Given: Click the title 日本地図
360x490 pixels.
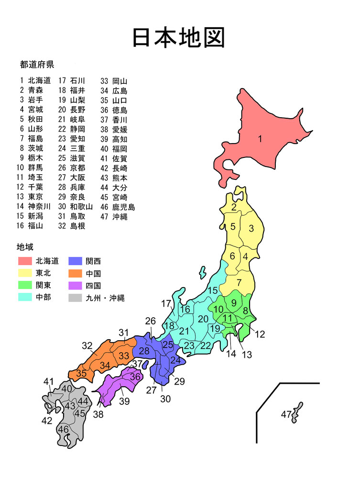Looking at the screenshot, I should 178,37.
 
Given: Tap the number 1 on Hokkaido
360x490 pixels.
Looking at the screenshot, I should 260,139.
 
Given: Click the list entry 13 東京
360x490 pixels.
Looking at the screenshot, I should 32,196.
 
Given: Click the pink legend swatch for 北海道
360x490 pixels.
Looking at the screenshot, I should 25,261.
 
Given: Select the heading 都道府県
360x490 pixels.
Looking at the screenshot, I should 37,64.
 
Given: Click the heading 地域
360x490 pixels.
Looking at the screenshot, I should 25,247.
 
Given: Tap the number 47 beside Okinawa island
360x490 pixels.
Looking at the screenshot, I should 286,414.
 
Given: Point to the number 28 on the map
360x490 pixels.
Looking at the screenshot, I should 144,351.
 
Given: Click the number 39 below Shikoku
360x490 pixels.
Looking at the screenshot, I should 124,401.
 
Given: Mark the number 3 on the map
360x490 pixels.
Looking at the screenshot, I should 251,229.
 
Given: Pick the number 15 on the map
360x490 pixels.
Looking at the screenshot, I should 213,290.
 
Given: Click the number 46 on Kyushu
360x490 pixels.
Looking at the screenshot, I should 63,430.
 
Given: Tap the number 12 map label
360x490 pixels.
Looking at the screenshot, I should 260,334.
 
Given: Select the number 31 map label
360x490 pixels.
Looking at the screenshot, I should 124,333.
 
